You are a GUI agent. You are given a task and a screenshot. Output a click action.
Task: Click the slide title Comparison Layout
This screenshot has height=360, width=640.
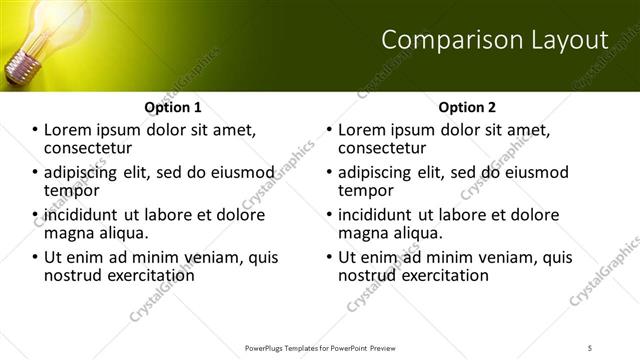pos(495,40)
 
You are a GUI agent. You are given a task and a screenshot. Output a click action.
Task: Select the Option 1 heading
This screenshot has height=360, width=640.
pos(172,107)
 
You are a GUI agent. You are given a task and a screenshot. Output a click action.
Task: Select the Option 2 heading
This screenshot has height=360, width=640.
pos(467,107)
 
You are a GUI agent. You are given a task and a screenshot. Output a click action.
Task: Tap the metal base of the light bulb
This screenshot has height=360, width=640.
pos(20,67)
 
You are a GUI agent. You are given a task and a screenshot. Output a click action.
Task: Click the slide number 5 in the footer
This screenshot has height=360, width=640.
pos(590,347)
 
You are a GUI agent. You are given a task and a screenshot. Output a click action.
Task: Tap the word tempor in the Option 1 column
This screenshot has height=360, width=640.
pos(71,190)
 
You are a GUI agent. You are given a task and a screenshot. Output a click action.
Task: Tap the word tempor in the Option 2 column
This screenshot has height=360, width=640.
pos(367,190)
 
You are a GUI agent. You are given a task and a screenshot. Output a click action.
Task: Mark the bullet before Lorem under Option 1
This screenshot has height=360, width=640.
pos(35,130)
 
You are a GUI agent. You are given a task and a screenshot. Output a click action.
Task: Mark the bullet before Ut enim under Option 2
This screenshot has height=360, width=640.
pos(331,257)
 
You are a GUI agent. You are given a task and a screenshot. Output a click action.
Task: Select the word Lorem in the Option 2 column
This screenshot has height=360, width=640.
pos(361,130)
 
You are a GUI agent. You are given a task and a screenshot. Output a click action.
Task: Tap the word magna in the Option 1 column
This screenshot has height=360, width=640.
pos(68,232)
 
